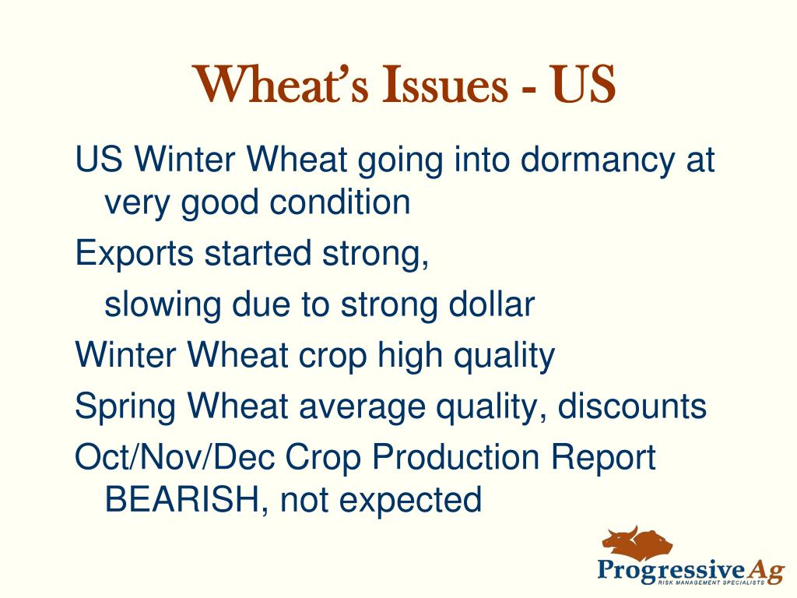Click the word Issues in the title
pyautogui.click(x=444, y=84)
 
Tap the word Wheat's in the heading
pyautogui.click(x=280, y=84)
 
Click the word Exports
pyautogui.click(x=134, y=253)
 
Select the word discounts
pyautogui.click(x=632, y=406)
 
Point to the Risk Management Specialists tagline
pyautogui.click(x=711, y=582)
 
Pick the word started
pyautogui.click(x=258, y=253)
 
